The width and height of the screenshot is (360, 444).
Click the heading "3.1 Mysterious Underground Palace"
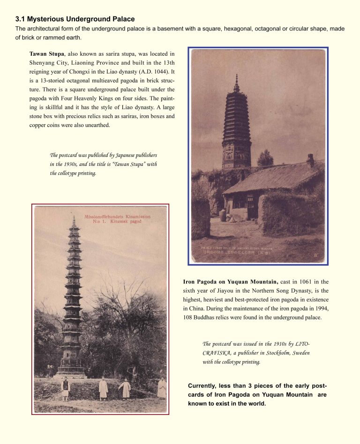[75, 19]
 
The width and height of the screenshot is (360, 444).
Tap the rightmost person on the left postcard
[162, 388]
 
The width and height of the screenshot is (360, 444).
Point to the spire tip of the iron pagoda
[73, 218]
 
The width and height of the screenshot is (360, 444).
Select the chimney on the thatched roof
[310, 160]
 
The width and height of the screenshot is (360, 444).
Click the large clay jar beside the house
[223, 215]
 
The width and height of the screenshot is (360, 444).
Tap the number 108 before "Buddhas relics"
[189, 318]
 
